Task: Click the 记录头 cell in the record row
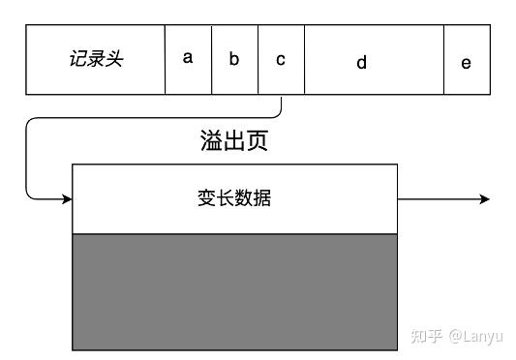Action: pos(96,59)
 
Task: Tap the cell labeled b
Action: pos(234,58)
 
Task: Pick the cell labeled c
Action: pos(281,58)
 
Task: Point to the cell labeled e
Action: pos(467,62)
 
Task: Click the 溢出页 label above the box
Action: pos(227,141)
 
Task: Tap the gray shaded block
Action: pos(234,291)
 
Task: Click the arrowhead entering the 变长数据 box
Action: pos(67,199)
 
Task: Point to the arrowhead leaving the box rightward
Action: pos(484,199)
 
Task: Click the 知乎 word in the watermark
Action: pos(427,336)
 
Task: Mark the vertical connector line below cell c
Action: pos(281,105)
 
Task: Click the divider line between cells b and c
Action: pos(258,59)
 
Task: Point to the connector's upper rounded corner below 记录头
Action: pos(31,123)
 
